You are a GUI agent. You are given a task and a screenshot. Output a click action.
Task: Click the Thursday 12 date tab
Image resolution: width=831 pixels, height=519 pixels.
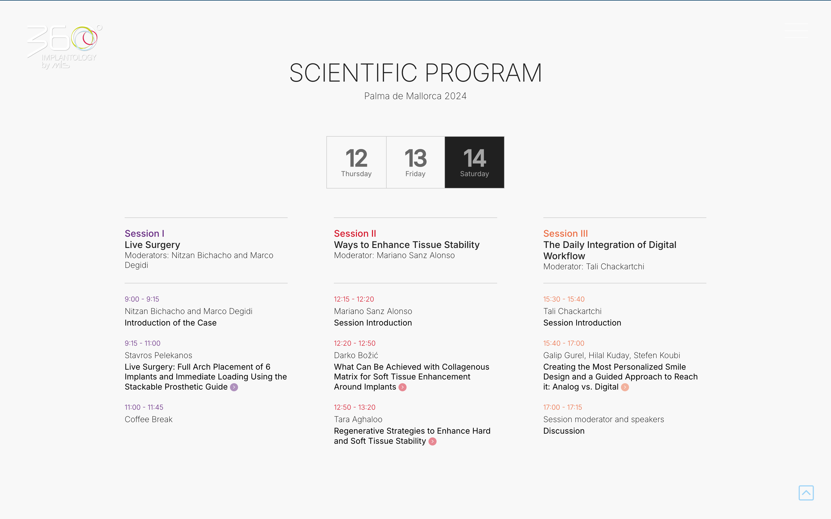pyautogui.click(x=356, y=162)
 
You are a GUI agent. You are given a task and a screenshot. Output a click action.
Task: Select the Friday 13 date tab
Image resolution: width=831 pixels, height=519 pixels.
pyautogui.click(x=415, y=162)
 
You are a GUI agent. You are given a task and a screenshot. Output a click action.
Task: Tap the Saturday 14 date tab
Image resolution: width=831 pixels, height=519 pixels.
pyautogui.click(x=475, y=162)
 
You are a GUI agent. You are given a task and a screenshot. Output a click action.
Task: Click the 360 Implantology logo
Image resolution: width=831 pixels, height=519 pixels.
pyautogui.click(x=65, y=47)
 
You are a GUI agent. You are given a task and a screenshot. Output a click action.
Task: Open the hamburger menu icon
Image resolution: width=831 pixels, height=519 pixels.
pyautogui.click(x=796, y=31)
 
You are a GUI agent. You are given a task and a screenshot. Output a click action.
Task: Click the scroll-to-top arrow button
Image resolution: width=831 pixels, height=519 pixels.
pyautogui.click(x=806, y=493)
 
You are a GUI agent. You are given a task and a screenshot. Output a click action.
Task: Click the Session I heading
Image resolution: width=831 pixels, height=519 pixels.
pyautogui.click(x=145, y=234)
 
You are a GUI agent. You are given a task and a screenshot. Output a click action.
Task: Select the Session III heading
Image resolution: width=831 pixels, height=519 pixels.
pyautogui.click(x=566, y=234)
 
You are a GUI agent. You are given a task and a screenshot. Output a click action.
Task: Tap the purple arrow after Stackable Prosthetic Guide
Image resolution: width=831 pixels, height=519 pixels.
pyautogui.click(x=234, y=387)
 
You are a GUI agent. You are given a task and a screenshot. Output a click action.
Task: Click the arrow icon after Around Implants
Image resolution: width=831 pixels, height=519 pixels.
pyautogui.click(x=403, y=387)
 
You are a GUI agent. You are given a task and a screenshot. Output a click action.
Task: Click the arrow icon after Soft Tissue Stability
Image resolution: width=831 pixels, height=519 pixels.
pyautogui.click(x=432, y=441)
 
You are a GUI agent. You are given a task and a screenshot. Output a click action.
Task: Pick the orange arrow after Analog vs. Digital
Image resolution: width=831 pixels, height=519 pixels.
pyautogui.click(x=625, y=387)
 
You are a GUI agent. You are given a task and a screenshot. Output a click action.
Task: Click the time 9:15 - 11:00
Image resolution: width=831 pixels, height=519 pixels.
pyautogui.click(x=143, y=343)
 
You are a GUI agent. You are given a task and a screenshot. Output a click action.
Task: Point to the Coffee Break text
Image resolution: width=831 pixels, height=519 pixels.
pyautogui.click(x=149, y=419)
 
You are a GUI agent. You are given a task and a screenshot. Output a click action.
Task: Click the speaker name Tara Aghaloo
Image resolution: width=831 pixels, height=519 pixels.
pyautogui.click(x=358, y=419)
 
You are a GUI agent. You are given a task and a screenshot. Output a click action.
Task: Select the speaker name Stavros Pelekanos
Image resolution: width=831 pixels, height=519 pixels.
pyautogui.click(x=158, y=355)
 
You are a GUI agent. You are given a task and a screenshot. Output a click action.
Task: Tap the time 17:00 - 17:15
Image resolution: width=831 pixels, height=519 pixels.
pyautogui.click(x=562, y=407)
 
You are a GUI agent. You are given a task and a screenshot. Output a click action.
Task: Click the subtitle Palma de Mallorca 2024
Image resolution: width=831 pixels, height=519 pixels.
pyautogui.click(x=415, y=96)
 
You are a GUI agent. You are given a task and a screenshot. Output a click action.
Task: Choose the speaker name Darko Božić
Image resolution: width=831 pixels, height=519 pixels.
pyautogui.click(x=356, y=355)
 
